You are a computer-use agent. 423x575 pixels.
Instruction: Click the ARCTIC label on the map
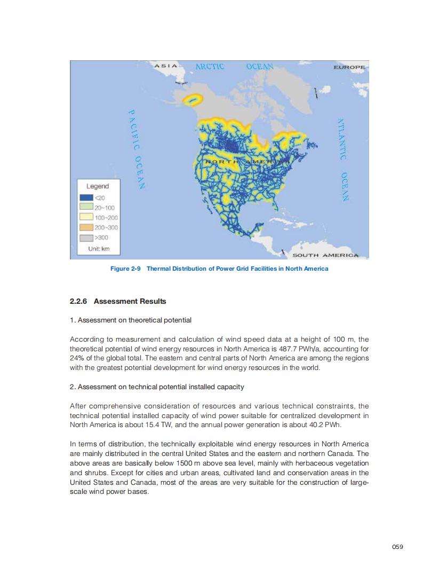tap(210, 67)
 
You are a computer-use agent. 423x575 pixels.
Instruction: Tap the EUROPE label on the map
tap(350, 68)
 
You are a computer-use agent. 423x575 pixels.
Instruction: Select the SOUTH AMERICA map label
tap(326, 255)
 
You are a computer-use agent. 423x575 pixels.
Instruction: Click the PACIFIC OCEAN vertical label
tap(135, 149)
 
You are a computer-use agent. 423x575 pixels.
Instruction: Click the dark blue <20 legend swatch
tap(86, 198)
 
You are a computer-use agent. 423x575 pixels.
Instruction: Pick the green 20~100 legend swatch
tap(86, 208)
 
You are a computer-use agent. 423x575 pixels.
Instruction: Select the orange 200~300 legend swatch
tap(86, 227)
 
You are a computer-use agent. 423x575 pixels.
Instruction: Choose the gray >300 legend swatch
tap(86, 238)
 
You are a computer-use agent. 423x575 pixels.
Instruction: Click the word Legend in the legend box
tap(97, 186)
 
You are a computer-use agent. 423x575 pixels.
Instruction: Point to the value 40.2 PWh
tap(325, 425)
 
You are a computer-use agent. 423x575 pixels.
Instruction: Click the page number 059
tap(397, 546)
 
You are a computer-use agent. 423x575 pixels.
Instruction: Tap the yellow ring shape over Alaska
tap(193, 99)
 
